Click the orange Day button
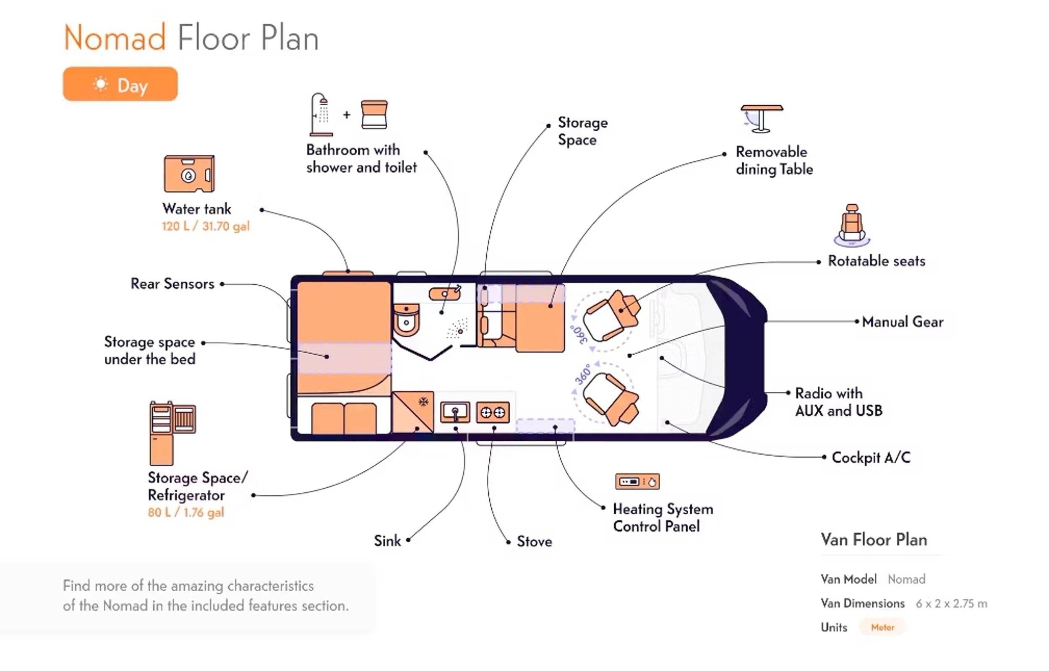pos(120,84)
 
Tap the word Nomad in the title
pos(115,38)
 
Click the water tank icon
pos(189,174)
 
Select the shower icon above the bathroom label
pos(321,114)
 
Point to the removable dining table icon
pos(762,118)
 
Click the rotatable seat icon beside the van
pos(851,224)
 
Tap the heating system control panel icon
pos(637,481)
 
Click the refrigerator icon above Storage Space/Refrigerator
pos(172,433)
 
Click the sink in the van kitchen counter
pos(455,412)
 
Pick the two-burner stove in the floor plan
pos(493,412)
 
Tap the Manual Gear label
pos(902,322)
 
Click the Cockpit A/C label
pos(871,458)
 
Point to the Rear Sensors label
pos(172,284)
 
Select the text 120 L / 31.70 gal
pos(206,226)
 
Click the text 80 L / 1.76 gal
pos(186,512)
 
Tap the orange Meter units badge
pos(882,627)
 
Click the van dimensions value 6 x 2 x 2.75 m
pos(951,604)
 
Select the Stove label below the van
pos(534,541)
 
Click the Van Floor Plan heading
pos(874,540)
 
